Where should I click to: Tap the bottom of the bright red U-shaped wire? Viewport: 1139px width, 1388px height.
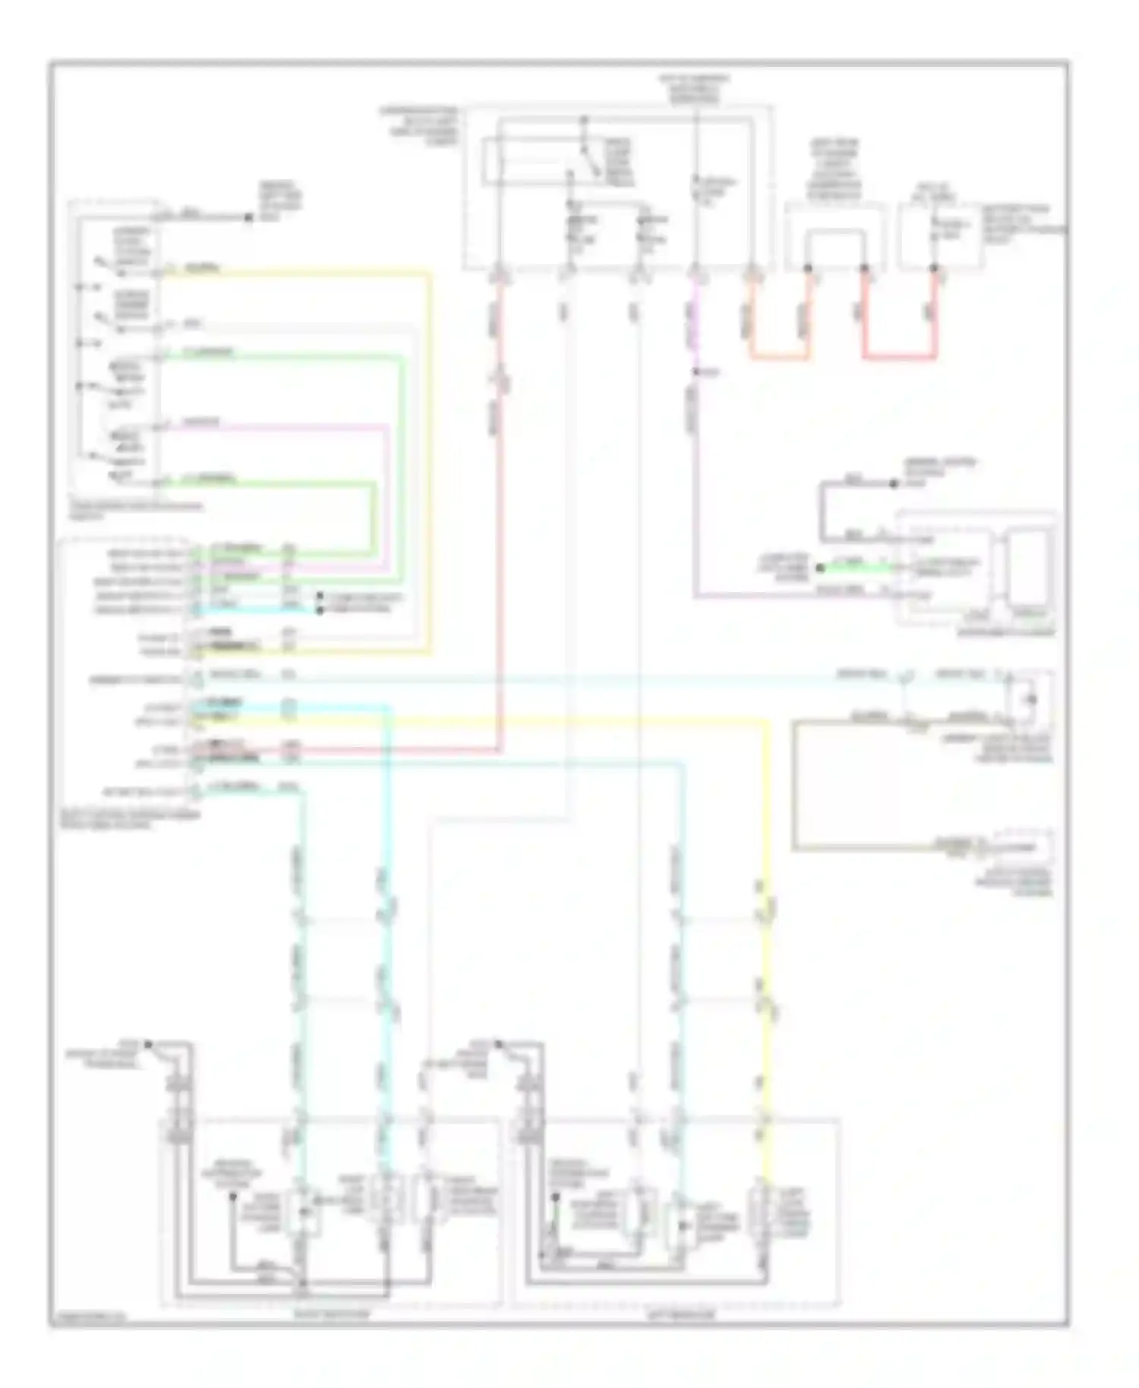899,356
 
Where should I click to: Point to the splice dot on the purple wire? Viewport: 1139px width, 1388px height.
696,372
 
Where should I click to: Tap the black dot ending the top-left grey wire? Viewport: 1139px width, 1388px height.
248,217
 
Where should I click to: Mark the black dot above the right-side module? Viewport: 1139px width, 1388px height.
894,484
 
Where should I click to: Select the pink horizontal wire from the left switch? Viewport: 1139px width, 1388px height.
273,426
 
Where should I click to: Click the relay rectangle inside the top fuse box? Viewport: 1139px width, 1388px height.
558,161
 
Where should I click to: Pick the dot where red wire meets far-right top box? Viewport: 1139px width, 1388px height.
934,268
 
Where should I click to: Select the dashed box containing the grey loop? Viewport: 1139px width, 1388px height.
835,235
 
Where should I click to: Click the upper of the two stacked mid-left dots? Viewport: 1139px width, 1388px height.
320,596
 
